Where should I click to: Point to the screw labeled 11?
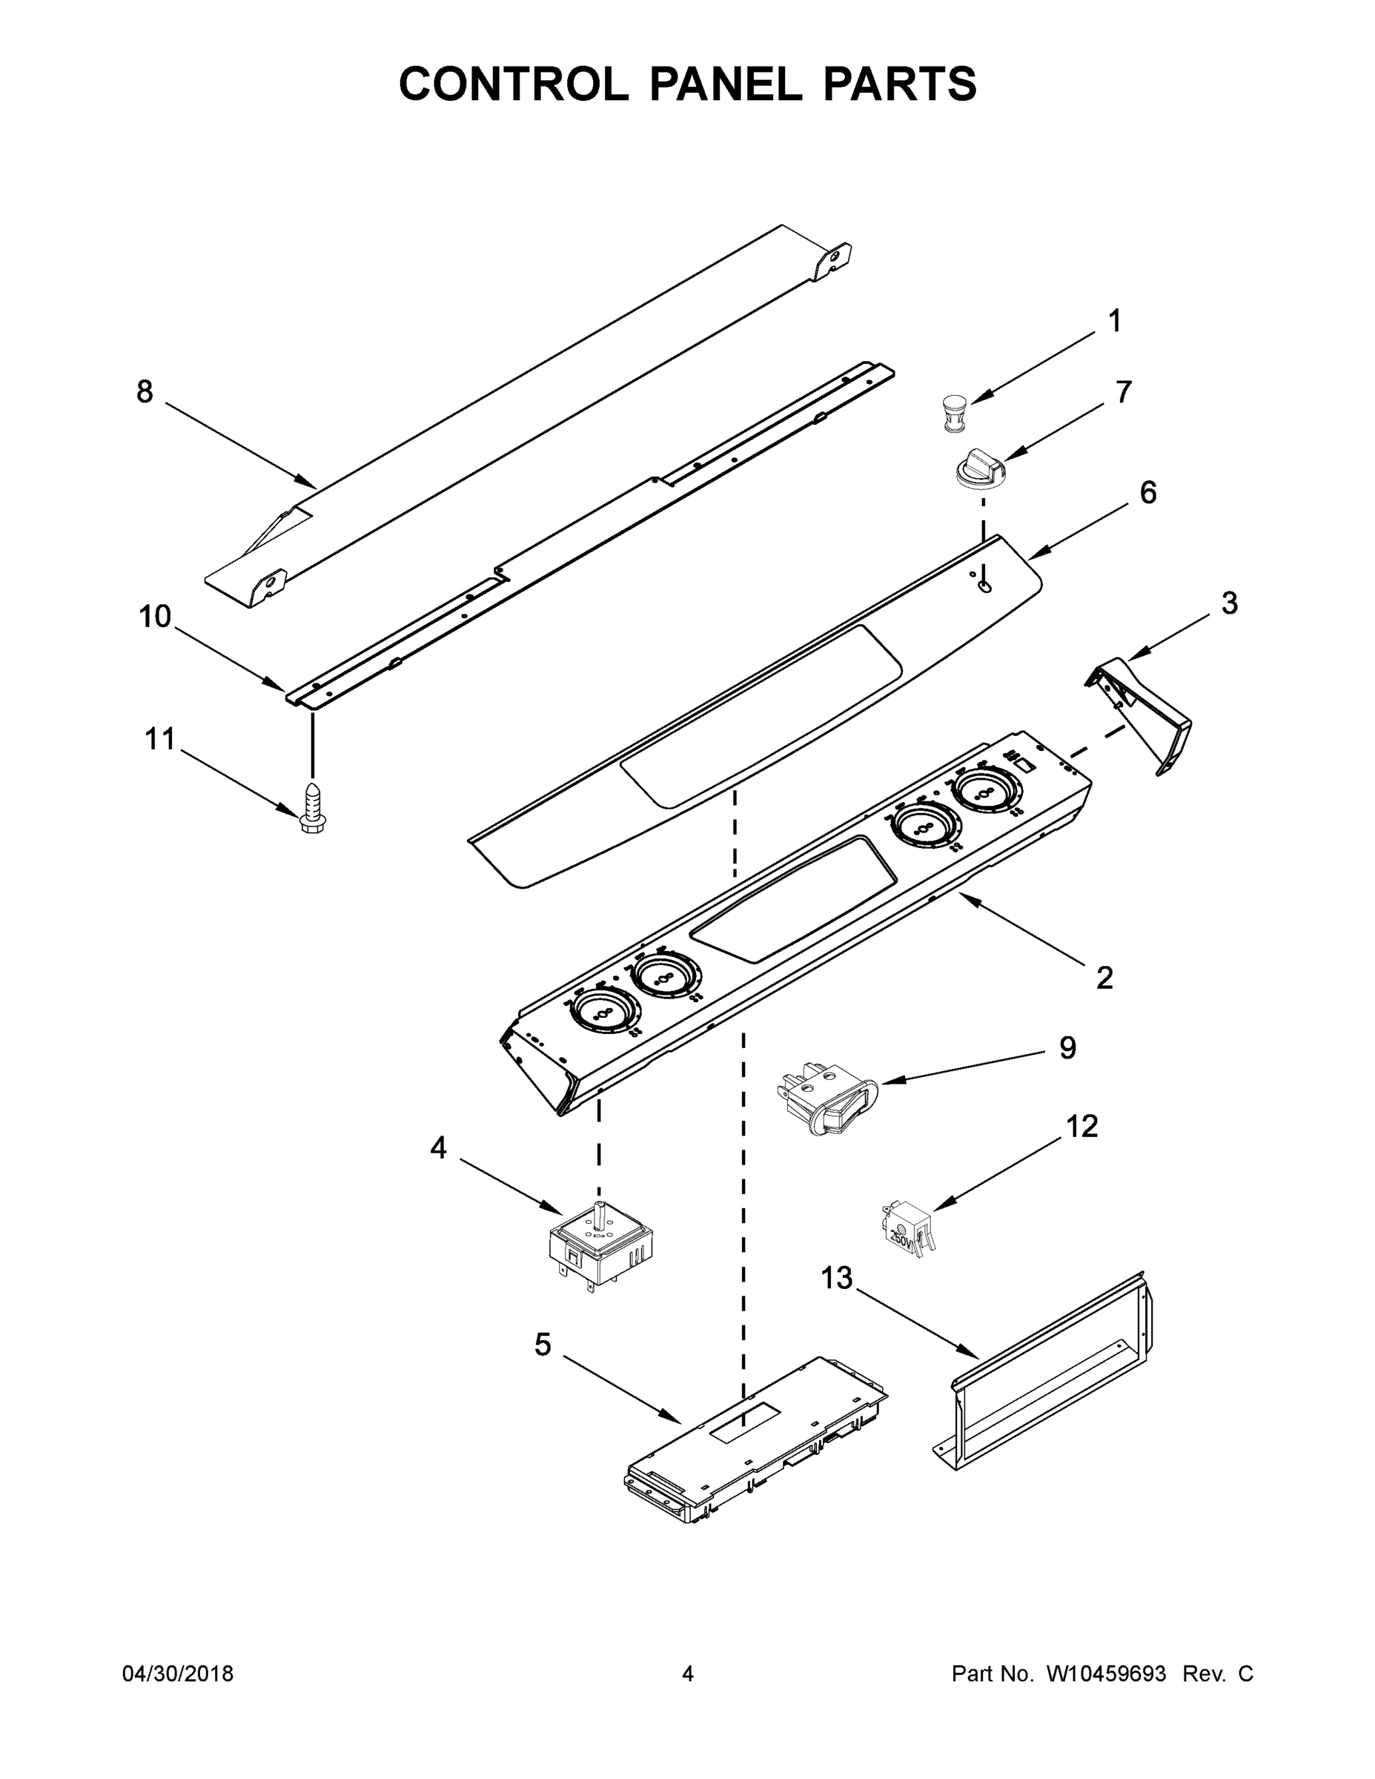(311, 809)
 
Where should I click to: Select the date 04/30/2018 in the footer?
(178, 1674)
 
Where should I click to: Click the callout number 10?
(155, 617)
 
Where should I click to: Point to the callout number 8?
(145, 392)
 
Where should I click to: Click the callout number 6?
(1147, 492)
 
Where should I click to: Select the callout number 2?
(1104, 978)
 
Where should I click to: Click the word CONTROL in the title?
(513, 84)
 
